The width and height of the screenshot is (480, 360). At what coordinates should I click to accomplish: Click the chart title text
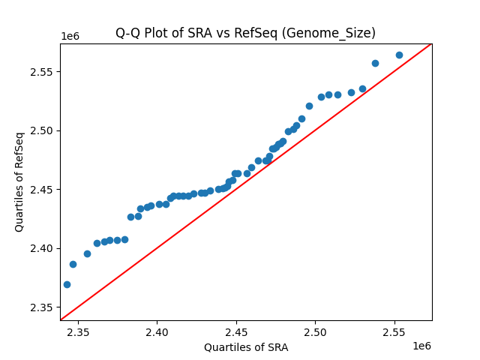(245, 33)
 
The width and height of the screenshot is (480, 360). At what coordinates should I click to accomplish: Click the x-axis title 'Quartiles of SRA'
(246, 347)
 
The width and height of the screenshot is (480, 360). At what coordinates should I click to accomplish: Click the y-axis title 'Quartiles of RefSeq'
(19, 181)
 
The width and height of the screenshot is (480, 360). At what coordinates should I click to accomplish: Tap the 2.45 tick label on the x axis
(236, 331)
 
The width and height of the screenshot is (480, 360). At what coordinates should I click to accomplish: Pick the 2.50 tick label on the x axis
(316, 331)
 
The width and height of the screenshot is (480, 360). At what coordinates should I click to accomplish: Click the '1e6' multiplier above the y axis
(70, 37)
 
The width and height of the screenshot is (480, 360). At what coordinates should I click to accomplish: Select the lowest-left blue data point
(67, 284)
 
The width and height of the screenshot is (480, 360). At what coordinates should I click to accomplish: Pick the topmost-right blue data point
(399, 55)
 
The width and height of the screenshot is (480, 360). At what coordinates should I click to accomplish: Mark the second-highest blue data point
(375, 63)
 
